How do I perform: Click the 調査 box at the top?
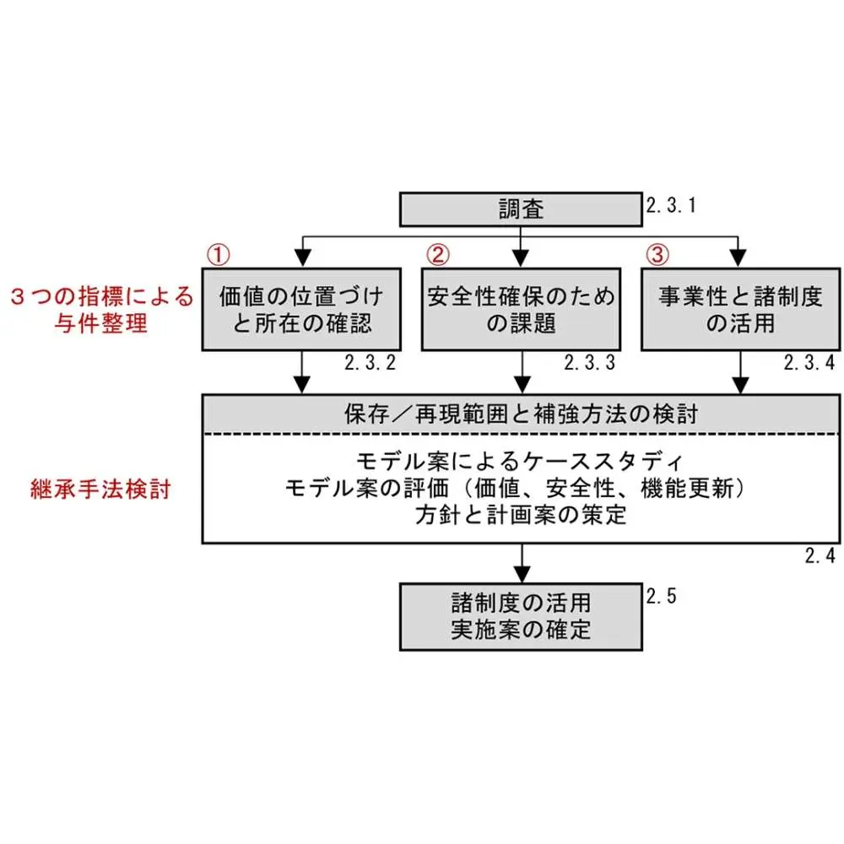coord(521,209)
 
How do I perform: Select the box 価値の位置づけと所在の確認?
coord(301,309)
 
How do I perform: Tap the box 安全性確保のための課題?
coord(521,309)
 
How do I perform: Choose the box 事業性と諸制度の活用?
coord(740,309)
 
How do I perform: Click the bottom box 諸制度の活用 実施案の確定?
coord(521,616)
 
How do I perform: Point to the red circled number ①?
coord(219,253)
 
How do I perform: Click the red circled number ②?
coord(438,253)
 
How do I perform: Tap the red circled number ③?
coord(657,253)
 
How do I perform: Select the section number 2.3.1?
coord(672,205)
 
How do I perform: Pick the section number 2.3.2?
coord(370,364)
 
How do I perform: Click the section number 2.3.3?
coord(589,364)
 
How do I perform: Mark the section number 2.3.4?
coord(809,364)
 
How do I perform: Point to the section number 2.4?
coord(820,555)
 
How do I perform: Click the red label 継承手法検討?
coord(100,490)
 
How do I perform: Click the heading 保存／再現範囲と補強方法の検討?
coord(521,415)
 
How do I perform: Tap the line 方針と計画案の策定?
coord(521,514)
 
